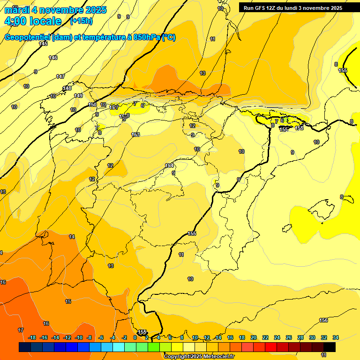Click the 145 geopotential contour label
point(43,44)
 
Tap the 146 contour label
point(53,58)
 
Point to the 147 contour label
point(60,76)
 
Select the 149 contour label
point(78,96)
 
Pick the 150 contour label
point(92,105)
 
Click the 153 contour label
point(135,135)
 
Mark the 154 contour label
point(169,165)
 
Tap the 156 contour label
point(323,320)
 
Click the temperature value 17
point(21,330)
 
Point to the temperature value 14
point(72,237)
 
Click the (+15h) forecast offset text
point(81,21)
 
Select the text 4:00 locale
point(32,21)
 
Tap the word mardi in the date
point(16,10)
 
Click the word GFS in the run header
point(260,8)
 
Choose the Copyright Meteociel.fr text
point(199,357)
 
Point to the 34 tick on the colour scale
point(336,337)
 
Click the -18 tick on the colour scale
point(32,337)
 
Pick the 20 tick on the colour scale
point(254,337)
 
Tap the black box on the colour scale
point(330,347)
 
